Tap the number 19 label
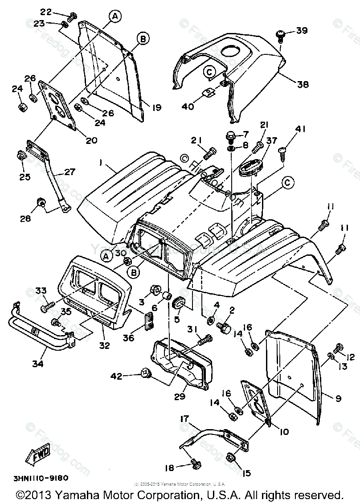156,107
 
